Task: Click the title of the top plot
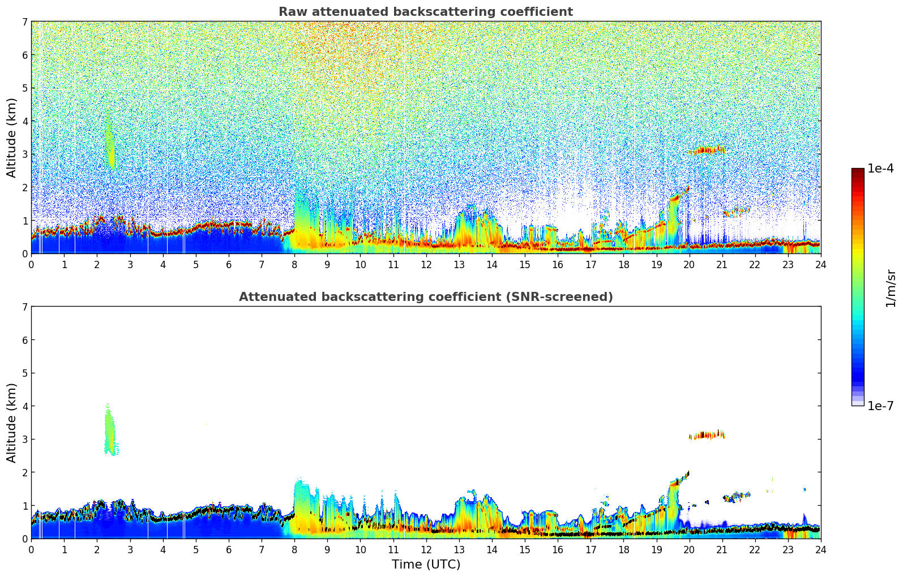[x=425, y=12]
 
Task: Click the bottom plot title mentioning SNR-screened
[x=425, y=297]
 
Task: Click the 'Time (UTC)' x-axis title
[x=426, y=565]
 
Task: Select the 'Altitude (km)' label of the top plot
[x=11, y=137]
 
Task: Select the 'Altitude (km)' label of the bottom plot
[x=11, y=423]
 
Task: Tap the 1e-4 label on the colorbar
[x=880, y=169]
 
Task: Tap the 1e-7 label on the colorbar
[x=880, y=406]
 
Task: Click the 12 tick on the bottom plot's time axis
[x=426, y=550]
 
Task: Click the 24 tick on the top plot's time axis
[x=820, y=265]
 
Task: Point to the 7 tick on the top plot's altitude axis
[x=24, y=22]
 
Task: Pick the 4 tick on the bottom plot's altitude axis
[x=24, y=406]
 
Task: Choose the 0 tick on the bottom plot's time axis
[x=31, y=550]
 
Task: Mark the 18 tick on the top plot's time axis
[x=623, y=265]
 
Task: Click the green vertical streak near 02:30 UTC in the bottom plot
[x=110, y=430]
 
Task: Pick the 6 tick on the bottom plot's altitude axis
[x=24, y=340]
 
